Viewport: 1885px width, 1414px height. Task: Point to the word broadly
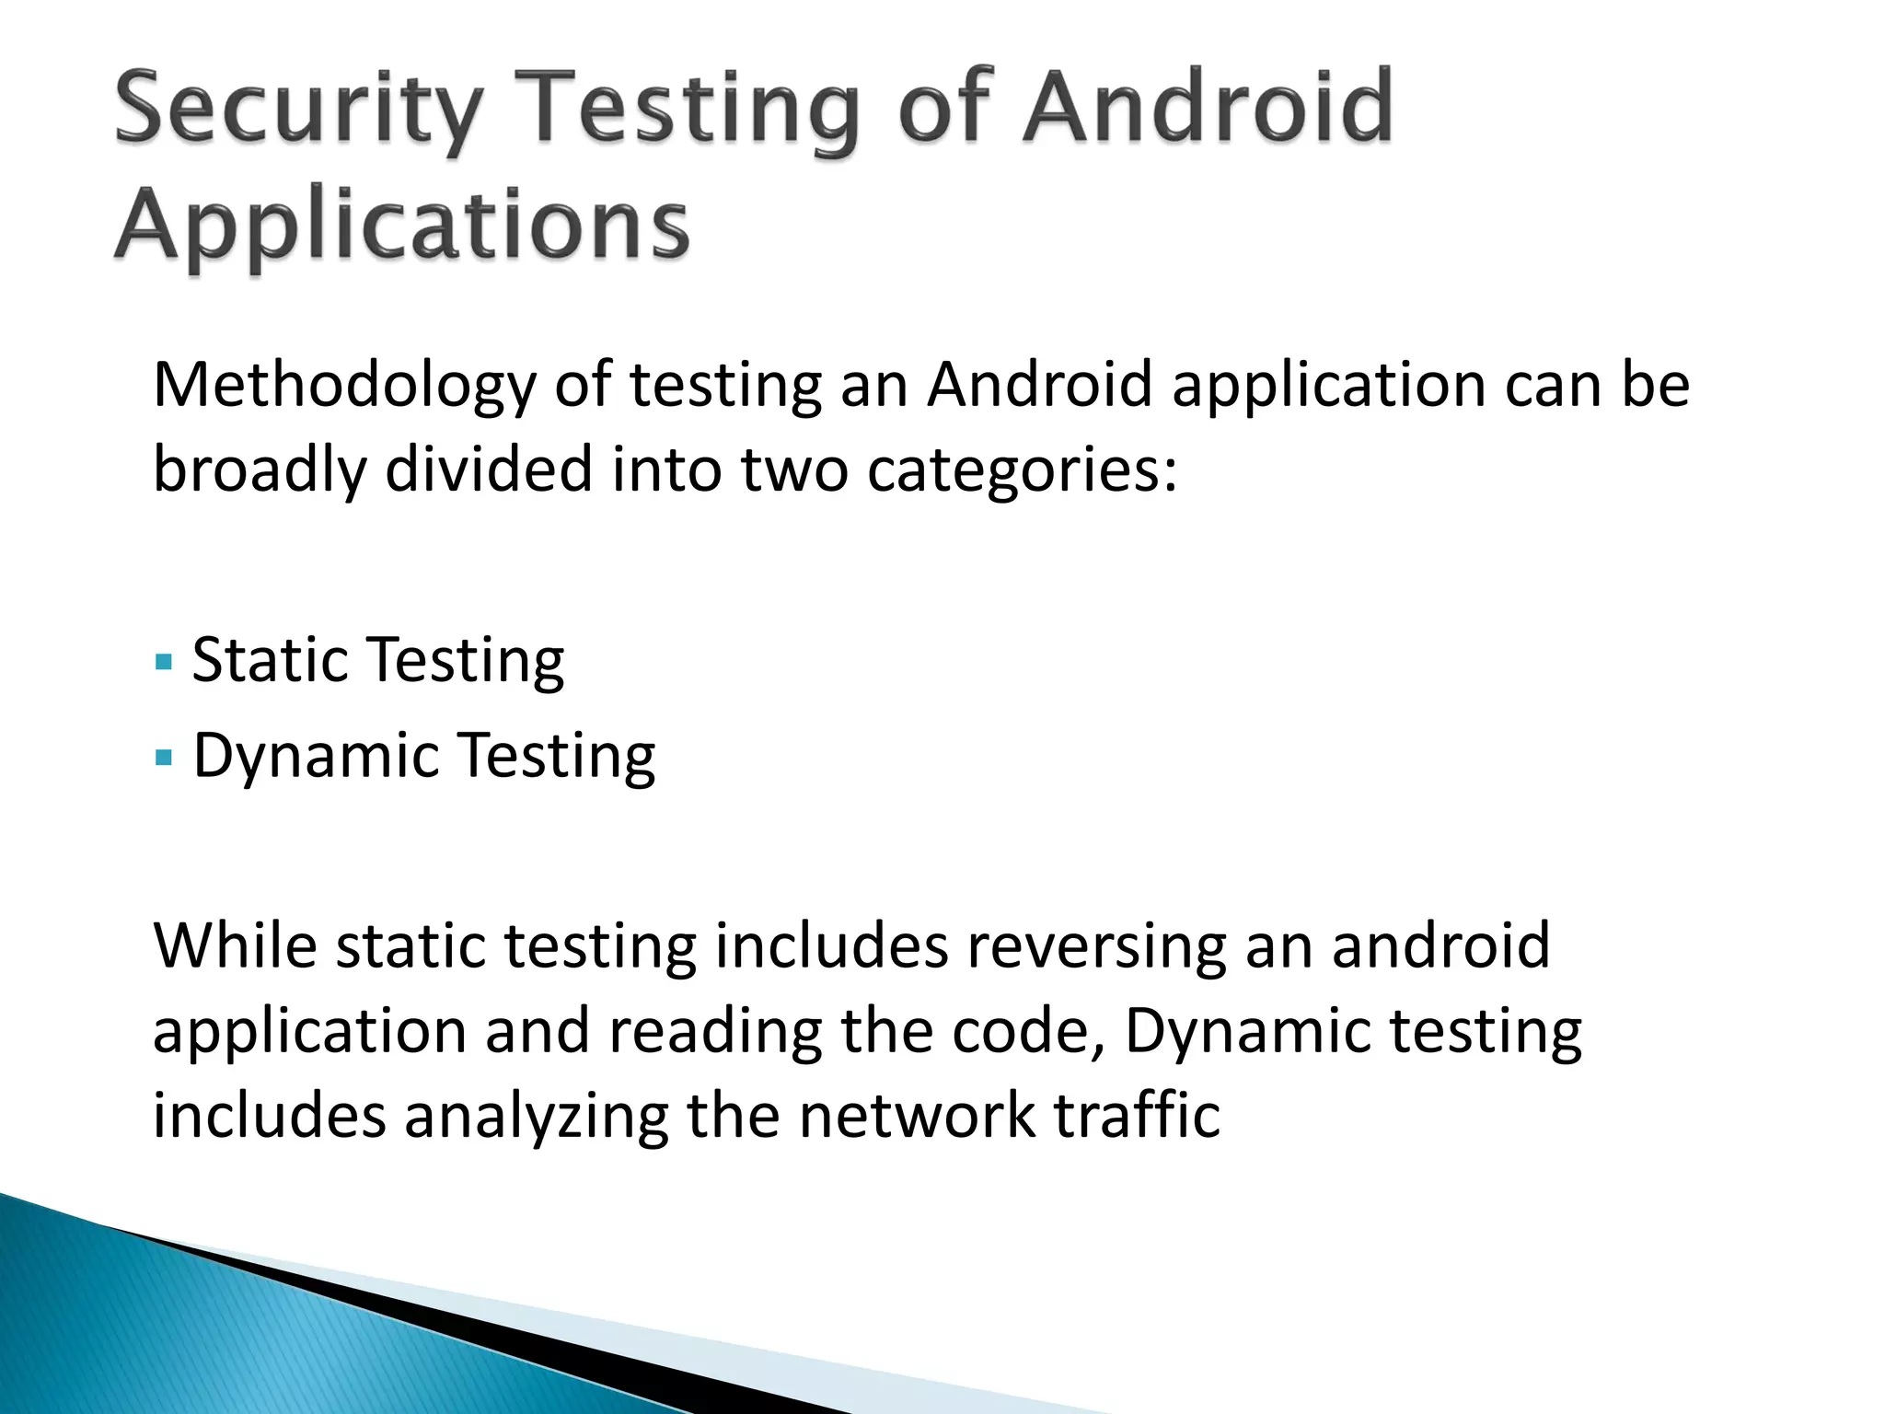[259, 469]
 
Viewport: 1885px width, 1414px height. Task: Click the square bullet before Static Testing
[165, 662]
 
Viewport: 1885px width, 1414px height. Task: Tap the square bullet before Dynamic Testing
[165, 758]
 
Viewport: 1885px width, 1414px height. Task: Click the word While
[235, 946]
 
